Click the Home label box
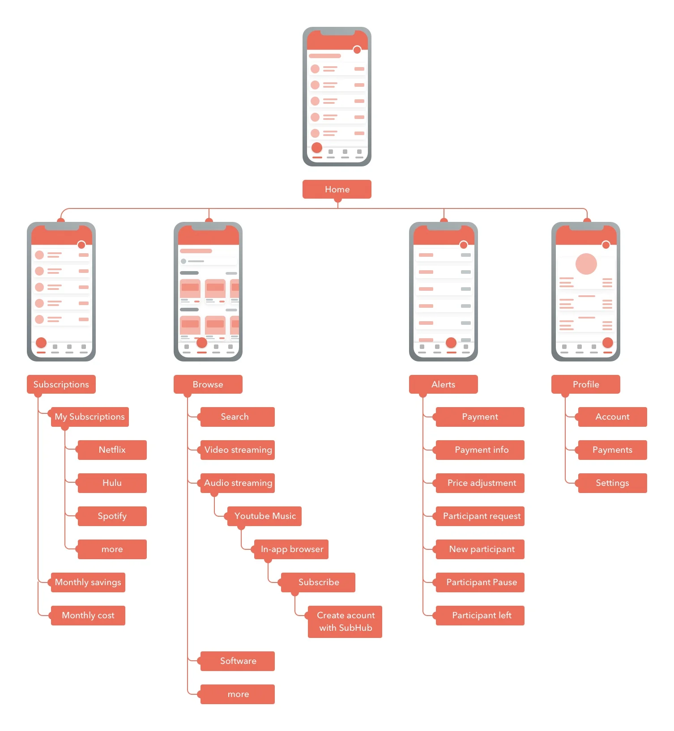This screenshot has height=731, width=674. [337, 189]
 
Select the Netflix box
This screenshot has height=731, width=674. [112, 450]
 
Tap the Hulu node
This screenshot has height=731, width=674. [112, 483]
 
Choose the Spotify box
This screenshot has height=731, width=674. [112, 516]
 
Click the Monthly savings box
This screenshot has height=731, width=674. [88, 582]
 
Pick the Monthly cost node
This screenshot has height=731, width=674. [88, 615]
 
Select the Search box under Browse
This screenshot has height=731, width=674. [237, 416]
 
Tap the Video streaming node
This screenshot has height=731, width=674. [237, 450]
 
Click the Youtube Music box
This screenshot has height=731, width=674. [264, 516]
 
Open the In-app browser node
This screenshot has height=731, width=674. [291, 549]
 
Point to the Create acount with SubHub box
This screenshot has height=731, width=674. [345, 621]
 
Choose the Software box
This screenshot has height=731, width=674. [237, 661]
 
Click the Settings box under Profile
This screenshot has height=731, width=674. [612, 483]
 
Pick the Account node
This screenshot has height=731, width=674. [612, 416]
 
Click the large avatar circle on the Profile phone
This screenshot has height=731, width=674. [586, 264]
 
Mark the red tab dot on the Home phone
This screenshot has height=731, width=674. [317, 148]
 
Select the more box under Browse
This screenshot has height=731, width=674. [237, 694]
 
